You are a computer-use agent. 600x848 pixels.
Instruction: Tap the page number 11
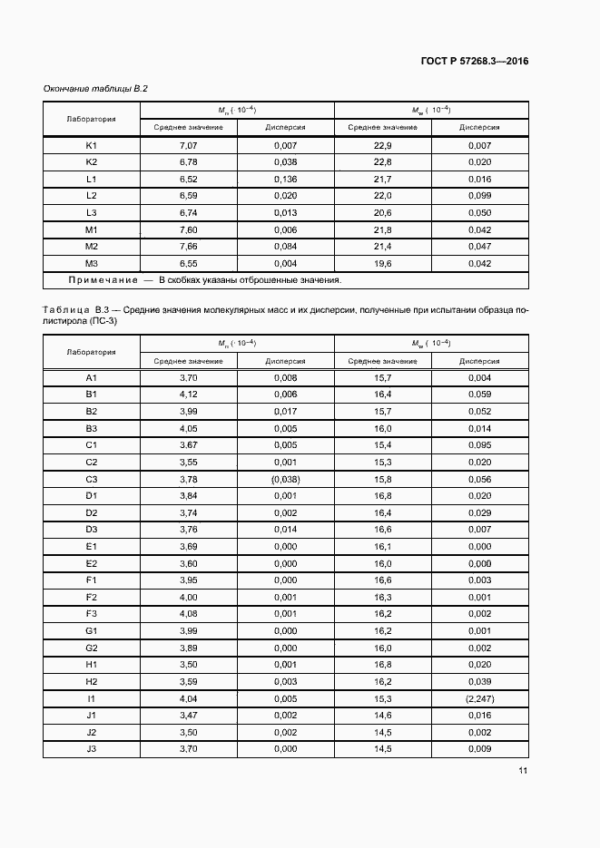pos(523,771)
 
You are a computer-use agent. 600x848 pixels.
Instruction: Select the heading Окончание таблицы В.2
pos(95,89)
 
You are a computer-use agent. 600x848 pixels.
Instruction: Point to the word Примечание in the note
pos(103,279)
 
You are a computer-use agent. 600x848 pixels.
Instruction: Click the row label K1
pos(91,145)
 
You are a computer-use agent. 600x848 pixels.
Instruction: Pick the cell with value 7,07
pos(188,145)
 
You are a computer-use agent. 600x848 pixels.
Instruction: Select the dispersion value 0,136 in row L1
pos(285,179)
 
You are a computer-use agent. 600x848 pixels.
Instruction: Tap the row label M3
pos(91,263)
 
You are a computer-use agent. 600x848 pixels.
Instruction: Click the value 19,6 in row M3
pos(382,263)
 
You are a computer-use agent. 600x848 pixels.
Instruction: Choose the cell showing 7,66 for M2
pos(188,247)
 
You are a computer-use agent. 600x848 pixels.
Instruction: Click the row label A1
pos(91,377)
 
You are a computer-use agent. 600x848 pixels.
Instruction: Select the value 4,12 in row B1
pos(188,395)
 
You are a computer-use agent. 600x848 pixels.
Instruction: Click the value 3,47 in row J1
pos(188,715)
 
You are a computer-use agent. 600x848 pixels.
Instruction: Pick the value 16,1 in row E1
pos(382,546)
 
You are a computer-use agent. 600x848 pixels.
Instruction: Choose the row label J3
pos(91,748)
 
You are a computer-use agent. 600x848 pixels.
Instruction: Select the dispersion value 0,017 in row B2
pos(285,411)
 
